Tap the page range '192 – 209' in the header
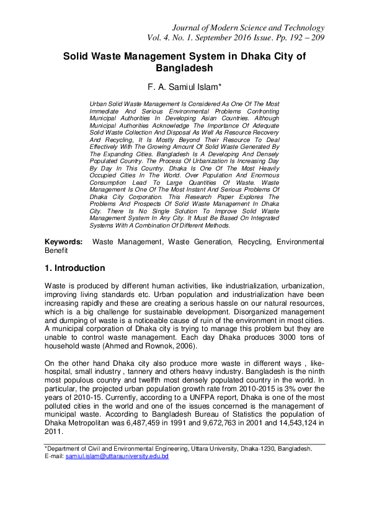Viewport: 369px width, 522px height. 302,38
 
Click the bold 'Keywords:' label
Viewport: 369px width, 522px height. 63,241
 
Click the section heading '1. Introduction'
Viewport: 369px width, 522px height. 74,268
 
